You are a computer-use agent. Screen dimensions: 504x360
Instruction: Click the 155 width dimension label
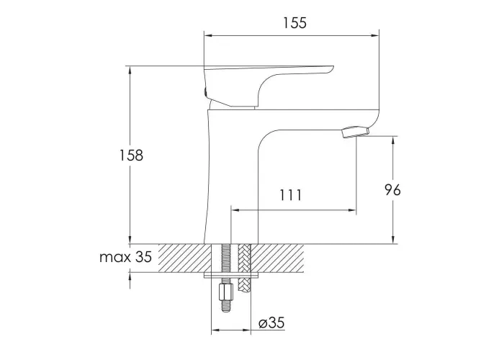click(294, 23)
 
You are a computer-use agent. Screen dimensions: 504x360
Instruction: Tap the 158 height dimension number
click(131, 156)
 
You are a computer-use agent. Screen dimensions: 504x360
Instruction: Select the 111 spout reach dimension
click(291, 195)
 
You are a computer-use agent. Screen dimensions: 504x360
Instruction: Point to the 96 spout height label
click(393, 190)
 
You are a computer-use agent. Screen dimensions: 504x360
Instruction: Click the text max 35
click(125, 257)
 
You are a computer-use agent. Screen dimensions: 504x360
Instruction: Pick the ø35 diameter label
click(272, 323)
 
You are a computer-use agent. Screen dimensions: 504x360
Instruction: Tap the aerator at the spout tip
click(356, 132)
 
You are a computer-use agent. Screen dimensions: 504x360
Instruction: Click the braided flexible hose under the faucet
click(243, 268)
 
